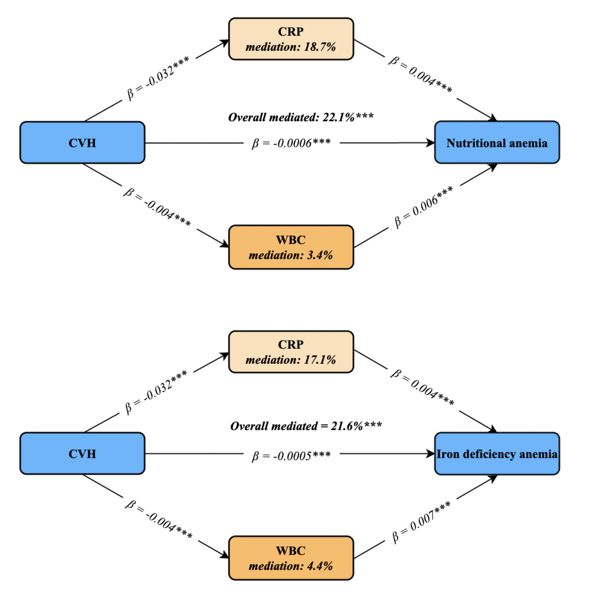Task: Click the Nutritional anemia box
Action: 497,142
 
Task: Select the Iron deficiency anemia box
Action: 497,454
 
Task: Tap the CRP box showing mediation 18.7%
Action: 291,39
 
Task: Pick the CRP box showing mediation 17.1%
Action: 291,351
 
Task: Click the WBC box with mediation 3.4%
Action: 291,247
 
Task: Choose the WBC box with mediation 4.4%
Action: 291,558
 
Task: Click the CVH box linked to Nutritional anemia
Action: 82,142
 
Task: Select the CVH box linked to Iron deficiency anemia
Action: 82,453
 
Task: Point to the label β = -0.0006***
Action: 291,143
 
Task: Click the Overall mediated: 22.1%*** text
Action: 301,117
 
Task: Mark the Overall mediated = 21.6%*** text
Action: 306,426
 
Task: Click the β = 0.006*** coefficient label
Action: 424,207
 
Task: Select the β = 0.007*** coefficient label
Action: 421,522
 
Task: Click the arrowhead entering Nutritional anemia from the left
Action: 431,143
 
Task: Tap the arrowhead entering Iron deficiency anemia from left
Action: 431,454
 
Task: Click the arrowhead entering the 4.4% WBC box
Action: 225,555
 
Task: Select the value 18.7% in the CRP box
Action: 320,47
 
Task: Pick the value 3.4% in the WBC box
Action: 320,255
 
